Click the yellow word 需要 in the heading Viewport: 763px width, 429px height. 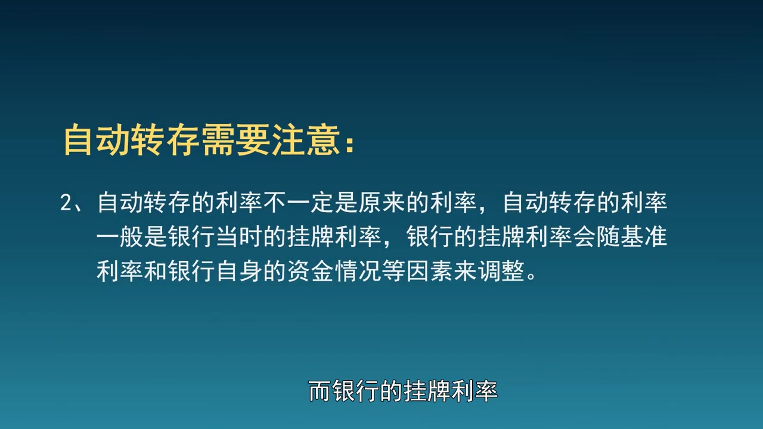tap(236, 141)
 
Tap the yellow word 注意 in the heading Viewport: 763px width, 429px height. tap(306, 141)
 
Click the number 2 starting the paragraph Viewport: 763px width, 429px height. tap(66, 203)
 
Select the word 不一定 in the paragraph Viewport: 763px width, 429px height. tap(299, 203)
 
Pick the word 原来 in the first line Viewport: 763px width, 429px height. tap(381, 203)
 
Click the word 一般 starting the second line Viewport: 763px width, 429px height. tap(120, 237)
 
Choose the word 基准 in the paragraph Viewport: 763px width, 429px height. tap(644, 237)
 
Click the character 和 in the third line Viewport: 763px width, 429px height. tap(156, 271)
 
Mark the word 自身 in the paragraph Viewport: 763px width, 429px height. tap(239, 271)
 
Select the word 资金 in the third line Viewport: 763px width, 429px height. tap(311, 271)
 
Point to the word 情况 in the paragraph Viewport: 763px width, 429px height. tap(358, 271)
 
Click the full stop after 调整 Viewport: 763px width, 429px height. tap(531, 276)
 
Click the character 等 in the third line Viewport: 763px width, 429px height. tap(394, 271)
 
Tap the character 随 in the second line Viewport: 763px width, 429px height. tap(608, 237)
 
